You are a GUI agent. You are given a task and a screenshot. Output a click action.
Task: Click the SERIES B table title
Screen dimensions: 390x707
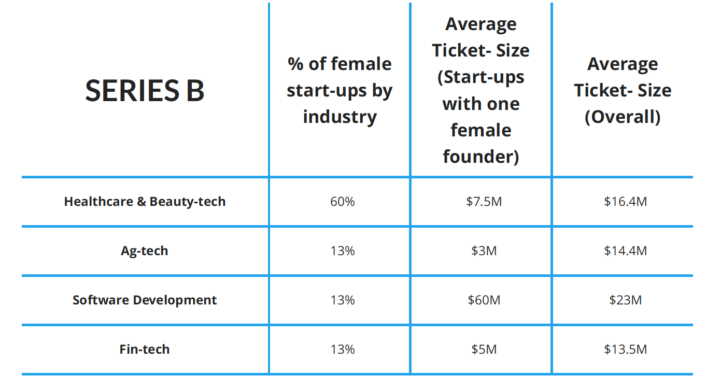click(x=145, y=90)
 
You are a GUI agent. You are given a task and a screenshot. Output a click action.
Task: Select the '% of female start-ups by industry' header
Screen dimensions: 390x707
click(x=340, y=90)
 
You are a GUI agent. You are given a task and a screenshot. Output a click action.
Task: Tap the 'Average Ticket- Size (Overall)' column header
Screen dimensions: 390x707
click(x=623, y=90)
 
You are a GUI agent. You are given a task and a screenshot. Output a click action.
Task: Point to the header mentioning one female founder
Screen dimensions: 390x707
click(x=480, y=90)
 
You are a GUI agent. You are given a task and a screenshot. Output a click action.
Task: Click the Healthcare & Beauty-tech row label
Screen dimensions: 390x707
click(x=145, y=201)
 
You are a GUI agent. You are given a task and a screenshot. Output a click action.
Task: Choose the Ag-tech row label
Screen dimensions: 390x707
click(x=145, y=251)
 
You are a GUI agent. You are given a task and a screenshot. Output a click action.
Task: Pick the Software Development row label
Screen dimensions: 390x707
click(x=145, y=300)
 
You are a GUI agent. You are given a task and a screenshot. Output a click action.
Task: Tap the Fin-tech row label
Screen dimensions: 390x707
click(x=145, y=350)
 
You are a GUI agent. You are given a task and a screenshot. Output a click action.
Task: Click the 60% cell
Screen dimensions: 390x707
click(x=342, y=201)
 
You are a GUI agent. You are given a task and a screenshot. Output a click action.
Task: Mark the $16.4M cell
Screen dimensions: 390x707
click(x=625, y=201)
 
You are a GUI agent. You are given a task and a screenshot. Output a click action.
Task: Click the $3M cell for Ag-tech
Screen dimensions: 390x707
click(x=484, y=251)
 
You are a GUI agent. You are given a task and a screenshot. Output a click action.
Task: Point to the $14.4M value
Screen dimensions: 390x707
click(x=625, y=251)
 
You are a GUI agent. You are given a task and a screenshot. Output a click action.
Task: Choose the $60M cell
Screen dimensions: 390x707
click(x=484, y=300)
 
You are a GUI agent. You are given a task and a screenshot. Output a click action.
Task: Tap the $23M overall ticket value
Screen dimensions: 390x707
click(x=625, y=300)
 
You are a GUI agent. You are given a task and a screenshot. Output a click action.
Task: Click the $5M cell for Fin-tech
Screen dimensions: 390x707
click(x=484, y=350)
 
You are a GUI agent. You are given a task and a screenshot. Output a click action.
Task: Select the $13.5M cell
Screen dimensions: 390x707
click(x=625, y=350)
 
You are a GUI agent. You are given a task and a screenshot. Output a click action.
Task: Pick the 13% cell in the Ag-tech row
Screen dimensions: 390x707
click(x=342, y=251)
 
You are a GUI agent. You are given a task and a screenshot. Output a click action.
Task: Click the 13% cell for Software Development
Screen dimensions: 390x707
click(x=342, y=300)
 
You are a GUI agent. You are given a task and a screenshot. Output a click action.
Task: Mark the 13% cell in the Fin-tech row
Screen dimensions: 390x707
click(x=342, y=350)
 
